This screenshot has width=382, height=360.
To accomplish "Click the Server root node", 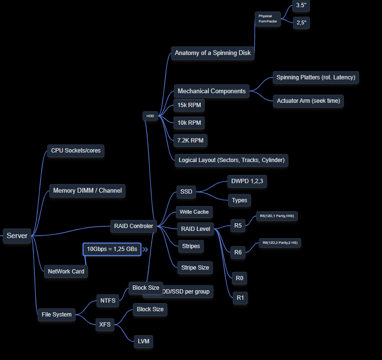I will point(17,236).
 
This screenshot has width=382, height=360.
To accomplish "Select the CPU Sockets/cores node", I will point(76,151).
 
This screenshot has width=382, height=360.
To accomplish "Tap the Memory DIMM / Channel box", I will point(87,190).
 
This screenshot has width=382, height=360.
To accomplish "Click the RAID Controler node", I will point(133,226).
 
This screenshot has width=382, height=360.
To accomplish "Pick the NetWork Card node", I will point(66,271).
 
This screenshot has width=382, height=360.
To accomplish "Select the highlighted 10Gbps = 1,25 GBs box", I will point(112,249).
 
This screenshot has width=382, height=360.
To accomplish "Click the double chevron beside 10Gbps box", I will point(145,249).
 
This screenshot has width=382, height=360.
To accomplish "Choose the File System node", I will point(56,314).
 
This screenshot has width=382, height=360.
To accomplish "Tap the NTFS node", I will point(107,301).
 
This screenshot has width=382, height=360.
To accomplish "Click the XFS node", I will point(105,325).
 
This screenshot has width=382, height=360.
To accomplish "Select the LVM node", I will point(144,341).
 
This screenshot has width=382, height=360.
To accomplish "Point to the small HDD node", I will point(150,116).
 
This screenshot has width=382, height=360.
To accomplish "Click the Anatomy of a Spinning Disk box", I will point(213,53).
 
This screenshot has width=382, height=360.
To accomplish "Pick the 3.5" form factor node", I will point(301,5).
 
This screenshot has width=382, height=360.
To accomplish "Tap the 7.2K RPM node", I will point(190,141).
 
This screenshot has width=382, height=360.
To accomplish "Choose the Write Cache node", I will point(194,211).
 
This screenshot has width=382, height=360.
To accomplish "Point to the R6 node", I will point(238,252).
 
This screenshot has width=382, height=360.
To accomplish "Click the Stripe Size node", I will point(195,267).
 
